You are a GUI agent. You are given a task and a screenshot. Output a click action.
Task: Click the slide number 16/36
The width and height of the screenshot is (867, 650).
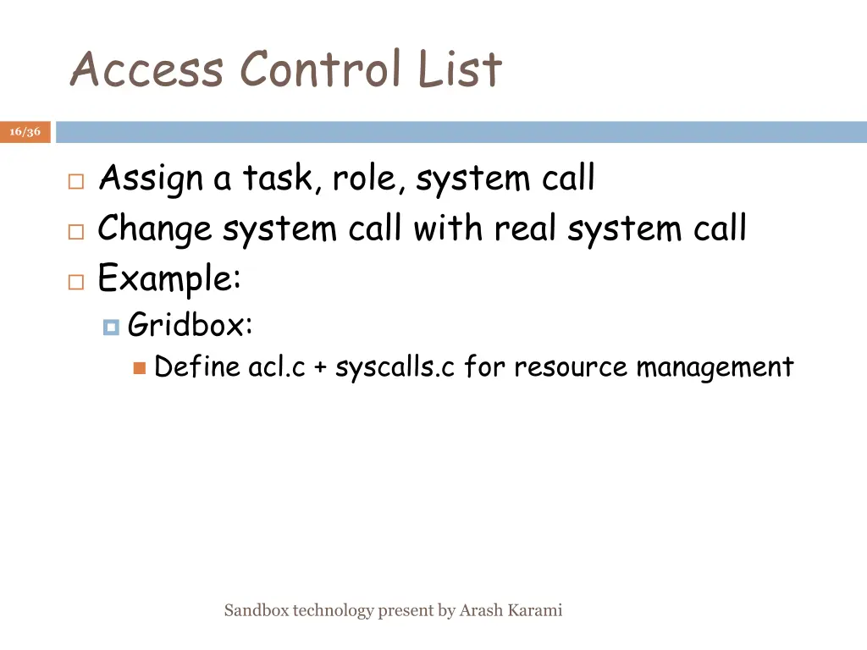25,132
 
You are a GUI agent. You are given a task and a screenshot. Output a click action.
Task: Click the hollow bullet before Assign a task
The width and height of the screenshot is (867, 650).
75,181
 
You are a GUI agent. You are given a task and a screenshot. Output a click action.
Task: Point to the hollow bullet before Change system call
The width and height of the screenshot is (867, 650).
75,231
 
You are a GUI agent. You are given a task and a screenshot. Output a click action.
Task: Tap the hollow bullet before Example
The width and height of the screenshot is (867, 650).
75,281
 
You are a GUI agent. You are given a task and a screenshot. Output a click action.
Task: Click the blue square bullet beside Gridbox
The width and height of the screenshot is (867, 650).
110,326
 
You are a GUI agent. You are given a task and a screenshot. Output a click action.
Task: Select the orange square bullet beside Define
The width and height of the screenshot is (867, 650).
140,368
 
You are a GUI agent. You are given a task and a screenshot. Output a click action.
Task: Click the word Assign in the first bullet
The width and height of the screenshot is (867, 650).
151,179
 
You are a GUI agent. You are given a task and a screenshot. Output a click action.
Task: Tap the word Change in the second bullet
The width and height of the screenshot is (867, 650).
155,229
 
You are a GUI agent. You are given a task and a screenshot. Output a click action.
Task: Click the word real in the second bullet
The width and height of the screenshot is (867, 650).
526,229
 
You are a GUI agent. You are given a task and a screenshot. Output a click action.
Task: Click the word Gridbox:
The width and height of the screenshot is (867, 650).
190,324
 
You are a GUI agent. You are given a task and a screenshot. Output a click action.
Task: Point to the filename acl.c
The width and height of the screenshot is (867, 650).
277,367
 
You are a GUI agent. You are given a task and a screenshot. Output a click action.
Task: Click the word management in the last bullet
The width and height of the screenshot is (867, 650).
715,367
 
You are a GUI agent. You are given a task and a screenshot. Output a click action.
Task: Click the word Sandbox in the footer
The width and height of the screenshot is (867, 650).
256,610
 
